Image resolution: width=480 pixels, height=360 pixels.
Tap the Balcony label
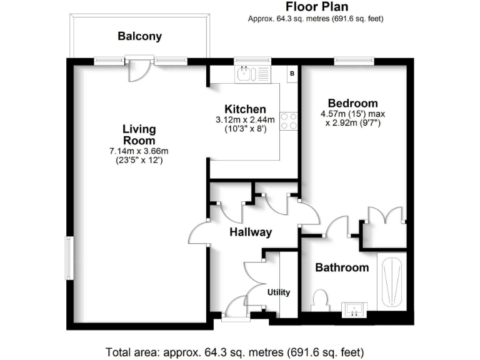(x=139, y=36)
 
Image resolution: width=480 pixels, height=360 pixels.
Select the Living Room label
(x=139, y=135)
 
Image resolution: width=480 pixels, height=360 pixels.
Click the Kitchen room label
(x=241, y=109)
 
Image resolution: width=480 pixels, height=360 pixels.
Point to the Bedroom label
(x=353, y=103)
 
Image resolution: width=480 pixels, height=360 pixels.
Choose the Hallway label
(x=251, y=232)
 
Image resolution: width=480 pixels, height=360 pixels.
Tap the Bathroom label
(x=341, y=267)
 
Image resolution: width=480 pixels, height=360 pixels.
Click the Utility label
(x=279, y=292)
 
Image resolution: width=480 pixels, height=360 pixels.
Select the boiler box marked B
(x=292, y=74)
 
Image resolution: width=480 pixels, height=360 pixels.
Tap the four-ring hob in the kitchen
(x=289, y=121)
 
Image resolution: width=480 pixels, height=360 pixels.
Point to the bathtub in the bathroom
(x=392, y=282)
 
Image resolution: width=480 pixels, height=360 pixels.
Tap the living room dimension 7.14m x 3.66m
(x=139, y=151)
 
